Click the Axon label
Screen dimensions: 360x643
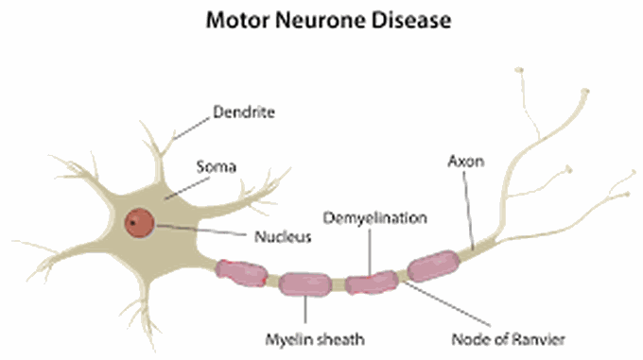[465, 162]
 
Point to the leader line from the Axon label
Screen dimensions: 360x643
[470, 208]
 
